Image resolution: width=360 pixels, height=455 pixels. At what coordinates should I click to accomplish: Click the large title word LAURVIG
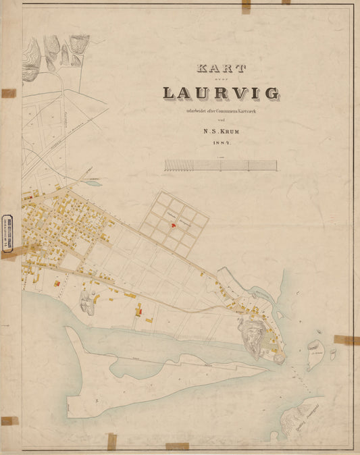click(x=221, y=92)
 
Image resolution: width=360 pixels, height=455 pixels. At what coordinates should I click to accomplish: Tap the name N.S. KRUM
click(x=220, y=131)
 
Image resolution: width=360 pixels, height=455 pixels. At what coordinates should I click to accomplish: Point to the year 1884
click(x=221, y=143)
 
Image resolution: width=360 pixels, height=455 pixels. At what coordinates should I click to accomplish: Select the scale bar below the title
click(x=220, y=165)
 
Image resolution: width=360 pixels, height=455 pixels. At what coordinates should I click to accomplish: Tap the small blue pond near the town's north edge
click(x=94, y=183)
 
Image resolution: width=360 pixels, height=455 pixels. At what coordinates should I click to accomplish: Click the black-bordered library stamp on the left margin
click(x=8, y=233)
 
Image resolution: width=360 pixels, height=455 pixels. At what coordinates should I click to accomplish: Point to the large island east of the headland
click(x=315, y=355)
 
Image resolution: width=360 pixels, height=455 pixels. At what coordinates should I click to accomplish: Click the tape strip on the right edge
click(x=346, y=340)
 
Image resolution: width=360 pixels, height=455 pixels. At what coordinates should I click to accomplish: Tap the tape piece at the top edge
click(x=246, y=6)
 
